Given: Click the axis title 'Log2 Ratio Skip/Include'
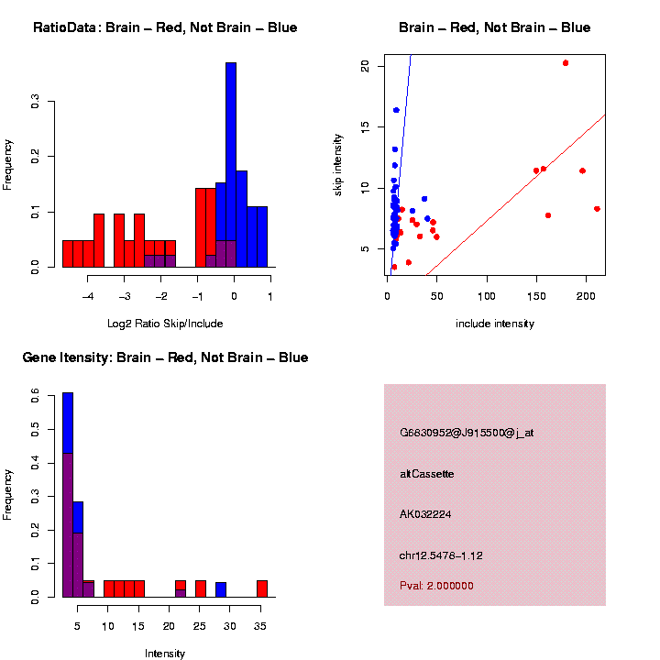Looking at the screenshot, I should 165,323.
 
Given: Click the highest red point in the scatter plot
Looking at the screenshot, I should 566,63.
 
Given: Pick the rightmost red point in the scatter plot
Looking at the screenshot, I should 597,209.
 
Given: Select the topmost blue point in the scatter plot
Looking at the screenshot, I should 396,110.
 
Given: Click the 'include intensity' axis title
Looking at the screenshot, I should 495,323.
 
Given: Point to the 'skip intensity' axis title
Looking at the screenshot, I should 337,164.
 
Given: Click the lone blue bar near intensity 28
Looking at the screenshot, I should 221,589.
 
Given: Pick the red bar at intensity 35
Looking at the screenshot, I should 262,588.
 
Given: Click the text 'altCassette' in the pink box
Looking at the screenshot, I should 427,474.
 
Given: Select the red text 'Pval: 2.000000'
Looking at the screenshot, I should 436,586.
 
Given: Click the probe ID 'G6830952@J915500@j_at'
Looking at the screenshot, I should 467,433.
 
